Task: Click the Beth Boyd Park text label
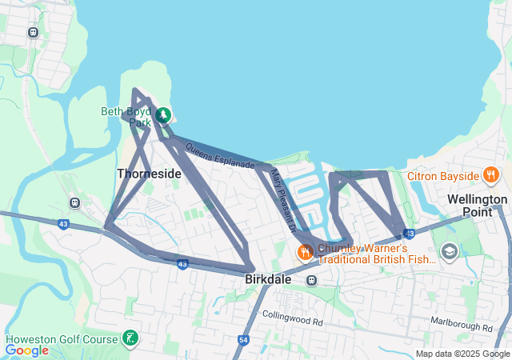pyautogui.click(x=126, y=117)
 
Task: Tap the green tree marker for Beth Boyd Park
pyautogui.click(x=163, y=115)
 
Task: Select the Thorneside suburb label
pyautogui.click(x=149, y=173)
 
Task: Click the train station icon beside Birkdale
pyautogui.click(x=311, y=280)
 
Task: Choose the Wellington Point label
pyautogui.click(x=477, y=206)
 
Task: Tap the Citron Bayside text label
pyautogui.click(x=442, y=175)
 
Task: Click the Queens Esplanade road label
pyautogui.click(x=219, y=155)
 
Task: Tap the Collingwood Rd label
pyautogui.click(x=292, y=322)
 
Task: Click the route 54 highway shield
pyautogui.click(x=242, y=340)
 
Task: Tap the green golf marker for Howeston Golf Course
pyautogui.click(x=129, y=338)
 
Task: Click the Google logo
pyautogui.click(x=26, y=350)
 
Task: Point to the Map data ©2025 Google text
pyautogui.click(x=462, y=354)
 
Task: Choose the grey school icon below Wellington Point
pyautogui.click(x=449, y=252)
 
